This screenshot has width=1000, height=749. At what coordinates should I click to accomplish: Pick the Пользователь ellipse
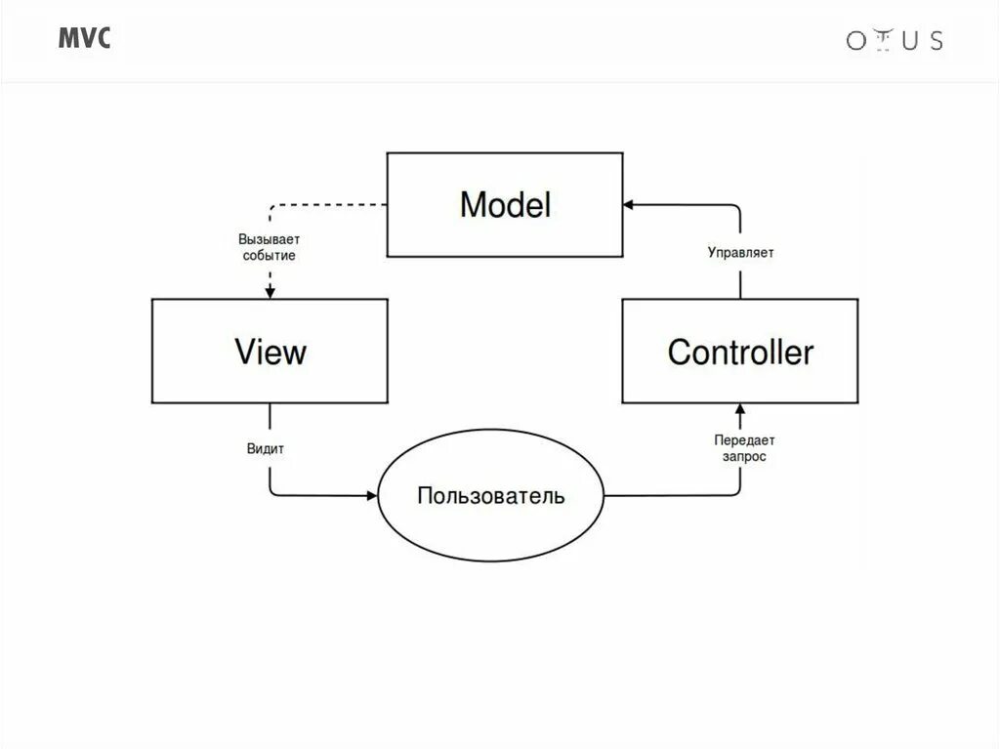tap(490, 496)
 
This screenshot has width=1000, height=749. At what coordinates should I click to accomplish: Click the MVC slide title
tap(84, 38)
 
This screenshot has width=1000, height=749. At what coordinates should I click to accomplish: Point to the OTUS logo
tap(894, 40)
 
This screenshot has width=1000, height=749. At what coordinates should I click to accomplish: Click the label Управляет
tap(740, 252)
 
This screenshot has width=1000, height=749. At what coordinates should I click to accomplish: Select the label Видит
tap(266, 448)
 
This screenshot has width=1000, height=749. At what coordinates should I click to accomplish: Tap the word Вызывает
tap(270, 239)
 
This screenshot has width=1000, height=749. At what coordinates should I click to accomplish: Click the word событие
tap(270, 256)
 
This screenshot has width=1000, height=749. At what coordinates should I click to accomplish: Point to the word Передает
tap(744, 440)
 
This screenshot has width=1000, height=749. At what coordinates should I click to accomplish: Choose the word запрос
tap(744, 456)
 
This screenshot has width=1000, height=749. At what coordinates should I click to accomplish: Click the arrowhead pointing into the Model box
tap(630, 205)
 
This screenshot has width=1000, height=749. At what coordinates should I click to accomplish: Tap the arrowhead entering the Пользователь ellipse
tap(371, 495)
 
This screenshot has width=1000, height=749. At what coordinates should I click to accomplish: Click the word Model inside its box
tap(505, 205)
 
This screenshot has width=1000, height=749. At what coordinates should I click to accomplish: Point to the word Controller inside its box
tap(739, 352)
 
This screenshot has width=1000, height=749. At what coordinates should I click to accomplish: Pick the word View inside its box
tap(270, 352)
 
